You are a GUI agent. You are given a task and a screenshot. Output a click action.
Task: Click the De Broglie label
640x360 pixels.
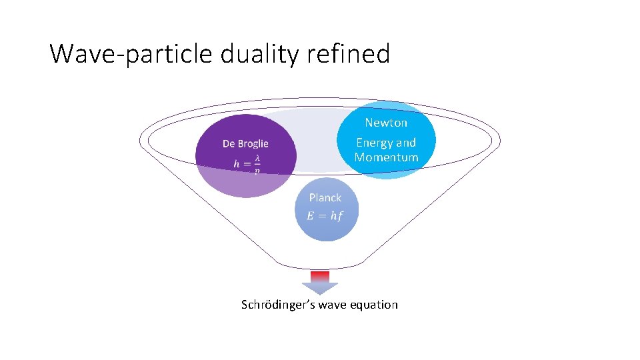[245, 143]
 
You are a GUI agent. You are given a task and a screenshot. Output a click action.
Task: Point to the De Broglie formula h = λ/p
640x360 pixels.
[247, 163]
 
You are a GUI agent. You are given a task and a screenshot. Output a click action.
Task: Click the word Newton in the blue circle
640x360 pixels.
[386, 123]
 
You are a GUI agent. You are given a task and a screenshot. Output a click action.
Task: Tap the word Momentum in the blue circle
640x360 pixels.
[386, 157]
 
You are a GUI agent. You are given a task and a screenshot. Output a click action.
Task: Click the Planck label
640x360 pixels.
[325, 197]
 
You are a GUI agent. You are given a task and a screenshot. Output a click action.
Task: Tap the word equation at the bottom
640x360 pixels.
[375, 305]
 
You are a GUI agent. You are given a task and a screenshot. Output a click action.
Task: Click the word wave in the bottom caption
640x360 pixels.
[334, 305]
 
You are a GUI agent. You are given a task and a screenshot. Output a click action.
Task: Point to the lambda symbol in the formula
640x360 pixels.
[257, 158]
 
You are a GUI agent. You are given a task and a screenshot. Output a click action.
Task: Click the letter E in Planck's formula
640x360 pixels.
[310, 215]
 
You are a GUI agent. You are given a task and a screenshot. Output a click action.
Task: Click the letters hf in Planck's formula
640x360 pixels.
[335, 215]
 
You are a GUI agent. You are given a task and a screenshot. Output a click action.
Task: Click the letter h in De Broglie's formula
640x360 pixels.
[236, 163]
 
